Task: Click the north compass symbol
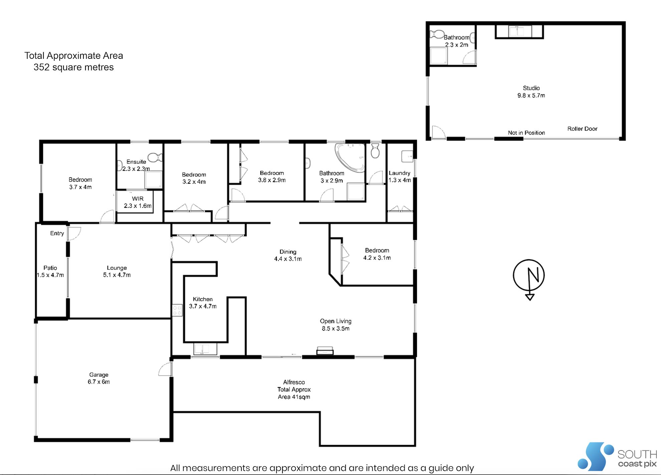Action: point(529,276)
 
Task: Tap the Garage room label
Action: point(98,378)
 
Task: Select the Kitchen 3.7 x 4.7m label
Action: point(203,303)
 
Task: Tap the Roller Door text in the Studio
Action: point(582,129)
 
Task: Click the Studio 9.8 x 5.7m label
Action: point(531,92)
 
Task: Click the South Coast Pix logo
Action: point(617,456)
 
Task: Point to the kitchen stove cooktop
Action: point(177,310)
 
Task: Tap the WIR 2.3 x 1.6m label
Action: point(138,202)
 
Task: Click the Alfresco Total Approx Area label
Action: point(294,389)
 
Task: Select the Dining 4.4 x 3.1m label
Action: point(288,255)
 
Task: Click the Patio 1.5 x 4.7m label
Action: point(50,271)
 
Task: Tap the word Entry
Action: point(57,233)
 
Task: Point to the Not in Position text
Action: point(526,133)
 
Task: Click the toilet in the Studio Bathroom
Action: point(437,34)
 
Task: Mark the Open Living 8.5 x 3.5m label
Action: point(336,325)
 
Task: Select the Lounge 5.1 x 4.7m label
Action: point(117,271)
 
